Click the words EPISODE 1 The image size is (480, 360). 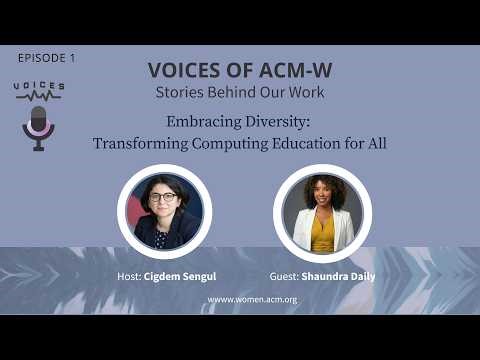pos(47,58)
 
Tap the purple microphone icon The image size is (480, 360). pos(39,126)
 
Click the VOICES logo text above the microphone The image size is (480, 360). pos(39,87)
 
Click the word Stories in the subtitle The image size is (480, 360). pos(183,93)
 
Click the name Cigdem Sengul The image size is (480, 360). pos(188,276)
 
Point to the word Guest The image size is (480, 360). pos(284,276)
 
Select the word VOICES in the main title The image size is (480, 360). pos(185,70)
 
